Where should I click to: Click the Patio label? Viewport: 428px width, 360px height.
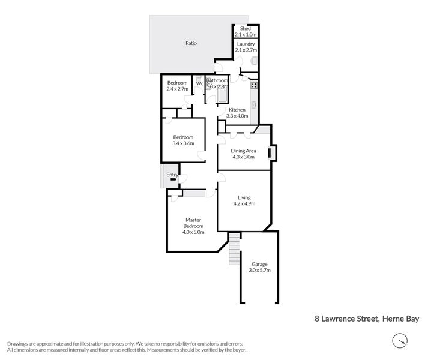point(191,43)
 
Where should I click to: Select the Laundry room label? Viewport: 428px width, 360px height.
point(246,44)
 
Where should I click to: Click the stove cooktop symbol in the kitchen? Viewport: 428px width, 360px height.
point(254,85)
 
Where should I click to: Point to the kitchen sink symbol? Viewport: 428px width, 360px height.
point(255,106)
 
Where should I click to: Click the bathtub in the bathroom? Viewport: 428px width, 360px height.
point(222,95)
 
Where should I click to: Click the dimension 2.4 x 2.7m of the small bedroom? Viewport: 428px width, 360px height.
point(178,89)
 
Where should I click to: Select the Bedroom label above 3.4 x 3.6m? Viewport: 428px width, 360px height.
point(183,137)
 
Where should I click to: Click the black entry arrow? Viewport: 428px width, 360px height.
point(173,178)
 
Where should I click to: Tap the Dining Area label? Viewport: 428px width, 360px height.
point(244,151)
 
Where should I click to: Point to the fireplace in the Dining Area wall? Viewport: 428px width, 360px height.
point(273,154)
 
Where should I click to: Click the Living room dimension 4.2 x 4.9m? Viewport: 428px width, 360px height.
point(244,204)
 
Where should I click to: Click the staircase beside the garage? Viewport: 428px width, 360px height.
point(234,251)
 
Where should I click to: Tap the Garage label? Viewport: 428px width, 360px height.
point(259,265)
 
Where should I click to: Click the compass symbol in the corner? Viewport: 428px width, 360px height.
point(399,341)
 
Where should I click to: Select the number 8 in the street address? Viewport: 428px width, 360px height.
point(318,319)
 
